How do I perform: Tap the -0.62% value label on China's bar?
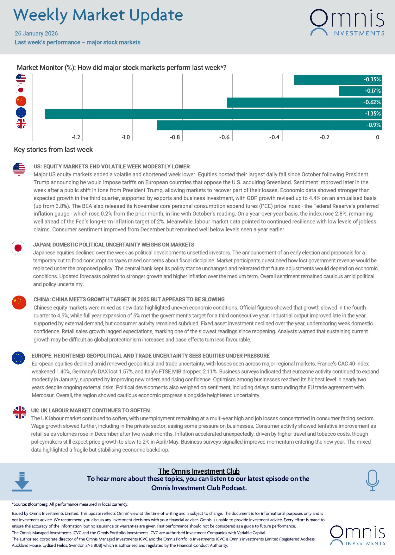coord(372,102)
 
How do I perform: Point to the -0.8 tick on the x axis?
coord(175,137)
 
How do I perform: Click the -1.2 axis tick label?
coord(76,137)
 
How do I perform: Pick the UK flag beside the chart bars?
coord(21,124)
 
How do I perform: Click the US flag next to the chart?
coord(21,78)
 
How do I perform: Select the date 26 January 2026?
coord(36,34)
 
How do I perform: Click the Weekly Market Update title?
coord(98,15)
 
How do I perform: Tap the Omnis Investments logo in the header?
coord(347,22)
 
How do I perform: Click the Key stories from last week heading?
coord(53,150)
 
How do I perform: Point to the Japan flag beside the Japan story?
coord(18,248)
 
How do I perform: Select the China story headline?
coord(129,299)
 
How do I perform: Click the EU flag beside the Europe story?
coord(18,358)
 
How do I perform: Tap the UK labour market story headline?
coord(90,410)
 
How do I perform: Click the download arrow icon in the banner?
coord(22,482)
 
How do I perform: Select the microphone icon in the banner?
coord(372,480)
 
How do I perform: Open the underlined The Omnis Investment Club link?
coord(199,471)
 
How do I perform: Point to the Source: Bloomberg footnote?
coord(70,504)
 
